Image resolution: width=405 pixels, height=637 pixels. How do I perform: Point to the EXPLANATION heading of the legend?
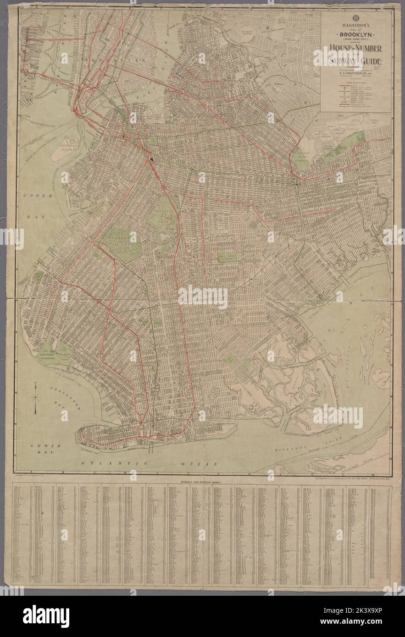tap(355, 82)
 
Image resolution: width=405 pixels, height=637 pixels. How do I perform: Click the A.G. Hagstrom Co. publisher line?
tap(355, 71)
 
